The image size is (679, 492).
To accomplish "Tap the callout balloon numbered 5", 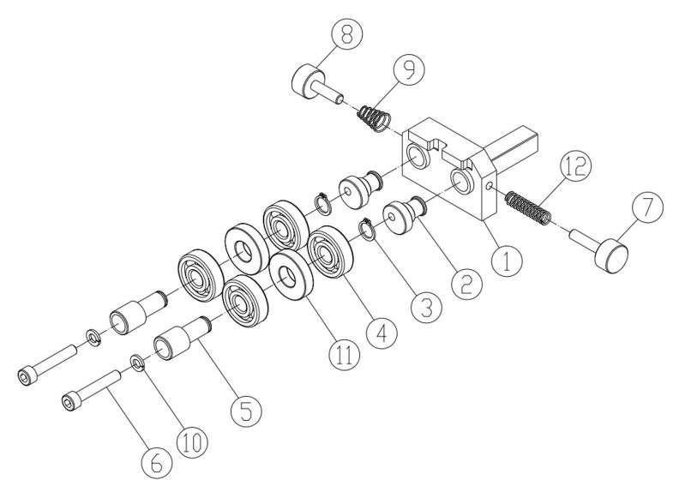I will pos(245,409).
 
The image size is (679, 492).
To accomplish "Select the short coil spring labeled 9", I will pos(374,117).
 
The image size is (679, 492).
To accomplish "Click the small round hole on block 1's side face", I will pos(490,184).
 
